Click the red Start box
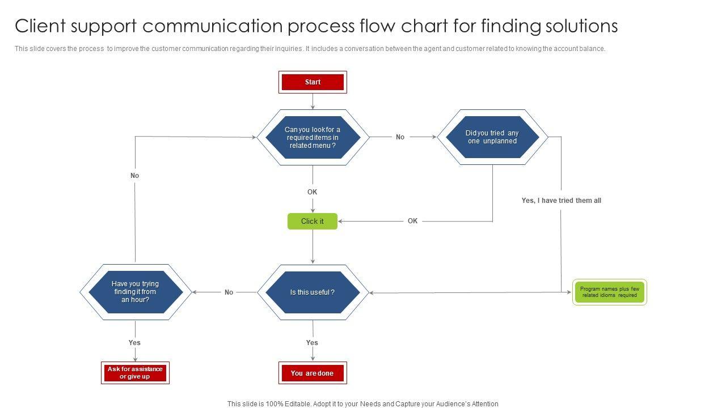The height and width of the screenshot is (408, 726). pyautogui.click(x=313, y=82)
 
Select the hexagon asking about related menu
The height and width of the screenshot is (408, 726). pyautogui.click(x=313, y=137)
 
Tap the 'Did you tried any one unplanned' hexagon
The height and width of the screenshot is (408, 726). pyautogui.click(x=492, y=137)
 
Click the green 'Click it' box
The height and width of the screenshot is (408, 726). pyautogui.click(x=313, y=221)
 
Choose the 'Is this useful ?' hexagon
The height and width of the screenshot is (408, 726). pyautogui.click(x=313, y=292)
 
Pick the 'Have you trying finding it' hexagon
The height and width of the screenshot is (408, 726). pyautogui.click(x=136, y=292)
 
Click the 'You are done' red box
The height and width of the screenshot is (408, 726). pyautogui.click(x=313, y=373)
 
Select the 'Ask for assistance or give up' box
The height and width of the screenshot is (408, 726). pyautogui.click(x=135, y=373)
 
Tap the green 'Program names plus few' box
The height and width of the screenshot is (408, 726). pyautogui.click(x=610, y=292)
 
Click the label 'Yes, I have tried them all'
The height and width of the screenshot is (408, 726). pyautogui.click(x=562, y=201)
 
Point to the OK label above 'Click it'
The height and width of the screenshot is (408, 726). pyautogui.click(x=312, y=192)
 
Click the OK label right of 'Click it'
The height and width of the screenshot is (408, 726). pyautogui.click(x=412, y=221)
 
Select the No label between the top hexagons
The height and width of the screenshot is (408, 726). pyautogui.click(x=400, y=137)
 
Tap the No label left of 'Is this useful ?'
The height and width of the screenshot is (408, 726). pyautogui.click(x=229, y=292)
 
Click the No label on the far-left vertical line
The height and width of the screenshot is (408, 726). pyautogui.click(x=134, y=176)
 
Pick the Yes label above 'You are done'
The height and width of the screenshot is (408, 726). pyautogui.click(x=312, y=343)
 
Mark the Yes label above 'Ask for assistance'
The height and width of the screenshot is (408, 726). pyautogui.click(x=134, y=343)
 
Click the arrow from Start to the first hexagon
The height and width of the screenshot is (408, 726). pyautogui.click(x=313, y=101)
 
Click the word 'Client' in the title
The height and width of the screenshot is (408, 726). pyautogui.click(x=40, y=26)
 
